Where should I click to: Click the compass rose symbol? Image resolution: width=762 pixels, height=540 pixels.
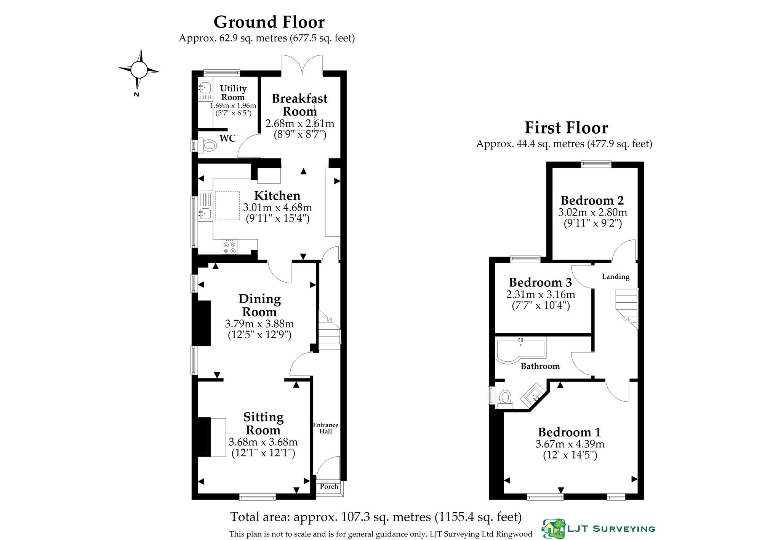139,70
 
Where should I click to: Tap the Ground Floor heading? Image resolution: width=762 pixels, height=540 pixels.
269,22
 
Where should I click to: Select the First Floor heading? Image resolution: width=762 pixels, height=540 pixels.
566,128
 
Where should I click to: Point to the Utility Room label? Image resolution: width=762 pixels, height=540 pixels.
233,93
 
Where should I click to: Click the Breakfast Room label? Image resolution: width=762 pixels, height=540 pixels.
299,105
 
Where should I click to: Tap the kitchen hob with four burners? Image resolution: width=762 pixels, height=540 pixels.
230,246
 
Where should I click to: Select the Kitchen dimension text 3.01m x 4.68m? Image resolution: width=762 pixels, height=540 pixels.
277,208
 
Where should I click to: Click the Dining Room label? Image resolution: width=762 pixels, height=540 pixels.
259,305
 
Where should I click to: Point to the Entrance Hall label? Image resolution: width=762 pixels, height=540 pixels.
325,428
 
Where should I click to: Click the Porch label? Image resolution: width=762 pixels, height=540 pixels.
329,486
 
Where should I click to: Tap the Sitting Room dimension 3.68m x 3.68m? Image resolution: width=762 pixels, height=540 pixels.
263,442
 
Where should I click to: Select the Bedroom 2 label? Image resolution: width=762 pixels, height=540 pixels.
592,200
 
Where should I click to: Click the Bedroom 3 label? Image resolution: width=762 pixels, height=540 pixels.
540,282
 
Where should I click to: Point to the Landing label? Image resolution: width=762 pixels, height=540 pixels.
616,276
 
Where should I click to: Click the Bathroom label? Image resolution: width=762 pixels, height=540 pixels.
540,366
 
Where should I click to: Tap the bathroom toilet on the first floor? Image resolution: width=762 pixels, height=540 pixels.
504,398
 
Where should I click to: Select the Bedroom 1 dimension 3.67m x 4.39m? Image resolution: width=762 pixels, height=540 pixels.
570,444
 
